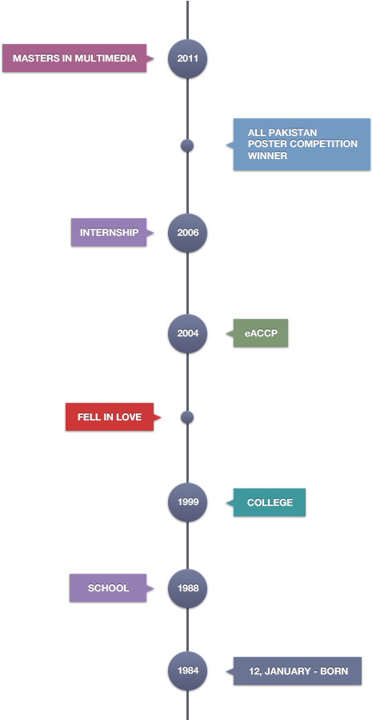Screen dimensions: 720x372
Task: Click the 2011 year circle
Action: click(187, 58)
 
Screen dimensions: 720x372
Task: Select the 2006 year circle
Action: click(187, 233)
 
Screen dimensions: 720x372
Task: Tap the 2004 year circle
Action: click(187, 333)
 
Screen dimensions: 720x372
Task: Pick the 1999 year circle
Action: click(187, 503)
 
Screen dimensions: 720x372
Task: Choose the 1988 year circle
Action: click(187, 588)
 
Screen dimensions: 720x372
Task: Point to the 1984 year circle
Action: click(187, 671)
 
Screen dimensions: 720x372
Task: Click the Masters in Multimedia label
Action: click(74, 58)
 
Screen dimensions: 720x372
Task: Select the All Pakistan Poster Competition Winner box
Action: click(302, 144)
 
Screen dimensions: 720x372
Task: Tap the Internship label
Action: click(109, 233)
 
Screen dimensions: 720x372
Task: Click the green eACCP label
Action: click(260, 333)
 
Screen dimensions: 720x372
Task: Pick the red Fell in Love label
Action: click(110, 417)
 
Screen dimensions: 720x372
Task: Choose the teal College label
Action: click(270, 503)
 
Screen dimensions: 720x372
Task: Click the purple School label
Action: click(108, 588)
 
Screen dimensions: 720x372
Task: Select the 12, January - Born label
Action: click(298, 671)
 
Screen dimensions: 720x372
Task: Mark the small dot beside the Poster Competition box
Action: click(187, 145)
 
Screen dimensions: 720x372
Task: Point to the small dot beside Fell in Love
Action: click(187, 417)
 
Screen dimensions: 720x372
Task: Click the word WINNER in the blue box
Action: click(267, 156)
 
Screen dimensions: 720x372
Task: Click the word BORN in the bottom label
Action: click(334, 671)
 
